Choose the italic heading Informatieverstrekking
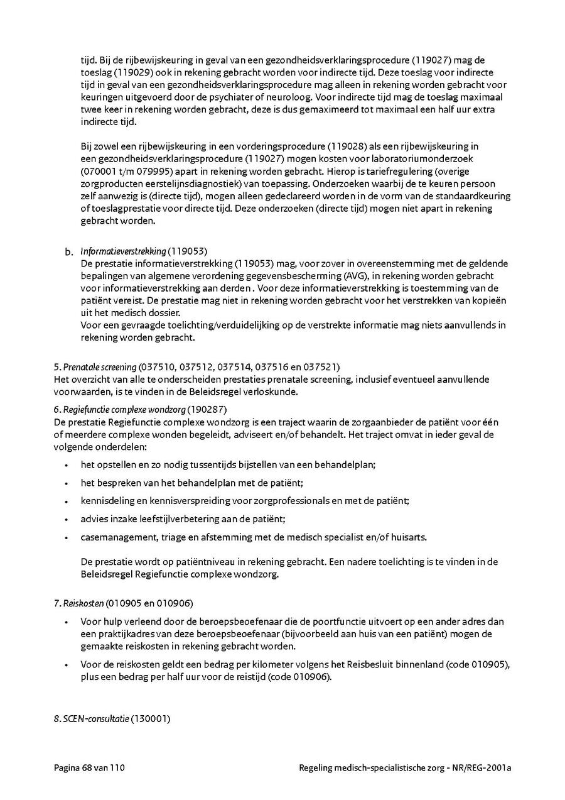[123, 251]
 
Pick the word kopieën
[488, 300]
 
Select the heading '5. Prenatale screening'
[95, 366]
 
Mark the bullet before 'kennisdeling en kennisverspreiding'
[66, 501]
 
